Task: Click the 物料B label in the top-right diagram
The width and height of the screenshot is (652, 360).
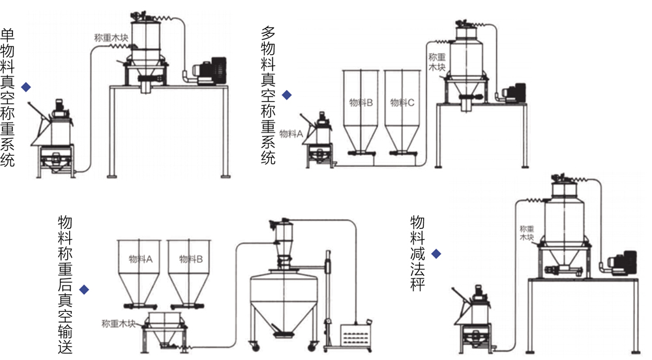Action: point(361,102)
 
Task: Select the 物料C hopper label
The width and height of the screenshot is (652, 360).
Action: point(402,102)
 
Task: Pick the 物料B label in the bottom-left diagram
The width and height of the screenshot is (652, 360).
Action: point(190,259)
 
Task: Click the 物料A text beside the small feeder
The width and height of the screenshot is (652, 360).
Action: point(291,134)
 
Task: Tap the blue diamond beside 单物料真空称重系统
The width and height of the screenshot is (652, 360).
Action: point(26,87)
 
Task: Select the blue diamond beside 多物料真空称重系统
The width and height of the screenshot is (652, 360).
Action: point(287,95)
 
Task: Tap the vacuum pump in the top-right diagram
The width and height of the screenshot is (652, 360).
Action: point(514,93)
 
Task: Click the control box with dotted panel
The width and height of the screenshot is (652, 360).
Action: point(356,337)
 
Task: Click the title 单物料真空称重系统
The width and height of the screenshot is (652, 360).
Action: point(8,97)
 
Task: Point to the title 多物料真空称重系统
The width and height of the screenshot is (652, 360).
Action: point(269,95)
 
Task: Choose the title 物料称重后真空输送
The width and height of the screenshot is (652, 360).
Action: point(65,284)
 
